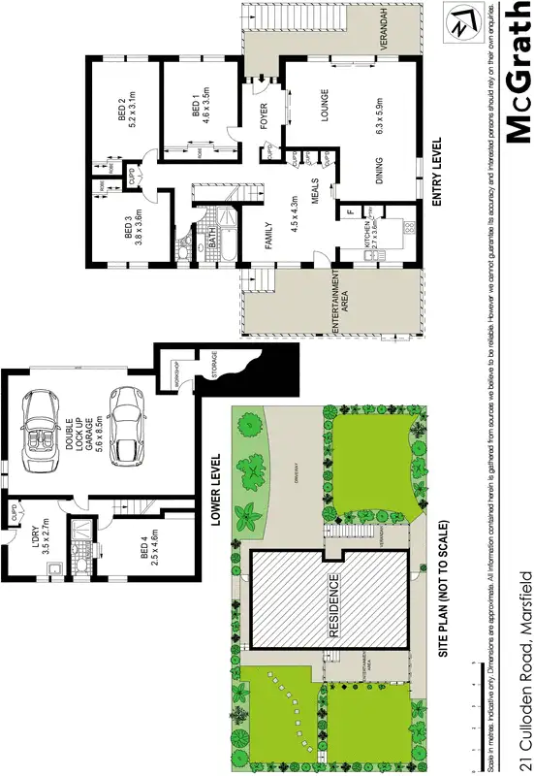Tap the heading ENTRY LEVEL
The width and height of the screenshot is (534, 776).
tap(433, 178)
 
